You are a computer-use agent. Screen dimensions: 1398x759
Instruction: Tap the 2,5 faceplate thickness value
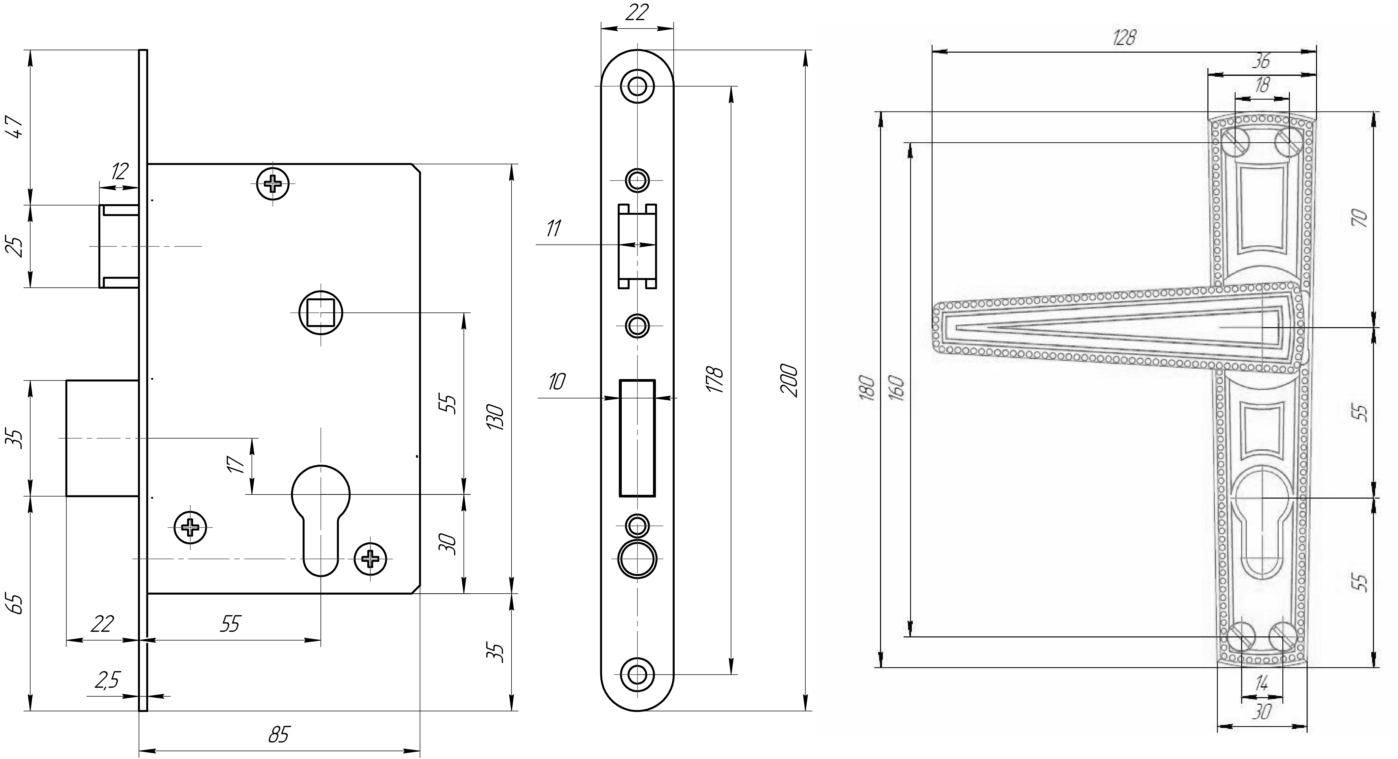click(x=107, y=680)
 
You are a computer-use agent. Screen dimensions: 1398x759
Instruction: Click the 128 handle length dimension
click(x=1123, y=38)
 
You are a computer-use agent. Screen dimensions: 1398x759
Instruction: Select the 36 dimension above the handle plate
click(x=1261, y=61)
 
